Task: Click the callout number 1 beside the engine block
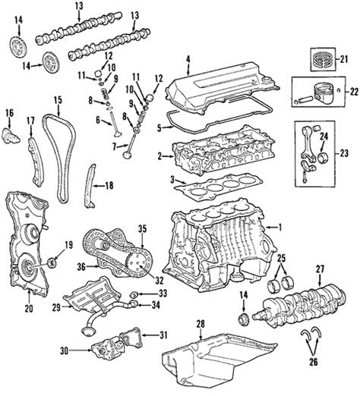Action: pos(279,226)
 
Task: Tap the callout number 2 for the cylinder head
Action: pos(159,157)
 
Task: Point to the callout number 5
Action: pos(159,129)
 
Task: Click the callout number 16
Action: pos(9,114)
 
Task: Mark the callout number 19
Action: pos(68,244)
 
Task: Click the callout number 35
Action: pos(141,227)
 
